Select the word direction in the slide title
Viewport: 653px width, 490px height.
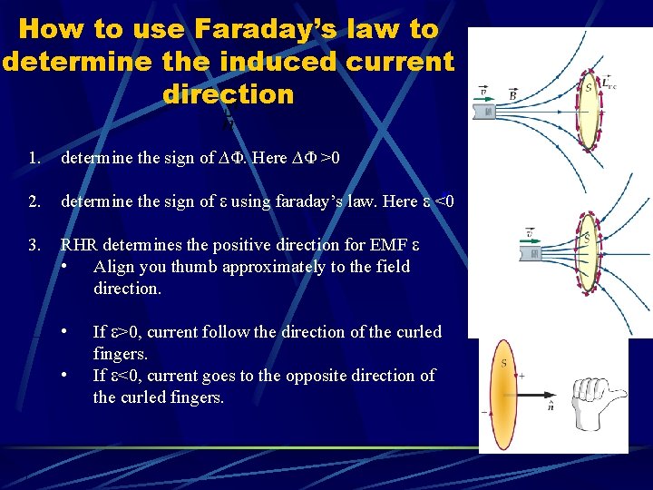pyautogui.click(x=229, y=94)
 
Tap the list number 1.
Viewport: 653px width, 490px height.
pyautogui.click(x=34, y=158)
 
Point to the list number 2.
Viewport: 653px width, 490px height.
pyautogui.click(x=34, y=201)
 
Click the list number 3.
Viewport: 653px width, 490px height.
pyautogui.click(x=34, y=245)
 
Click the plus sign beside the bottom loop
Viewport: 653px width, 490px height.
pyautogui.click(x=521, y=375)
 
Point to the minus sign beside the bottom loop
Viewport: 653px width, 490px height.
pyautogui.click(x=483, y=411)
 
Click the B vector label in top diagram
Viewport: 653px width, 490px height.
pyautogui.click(x=513, y=93)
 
